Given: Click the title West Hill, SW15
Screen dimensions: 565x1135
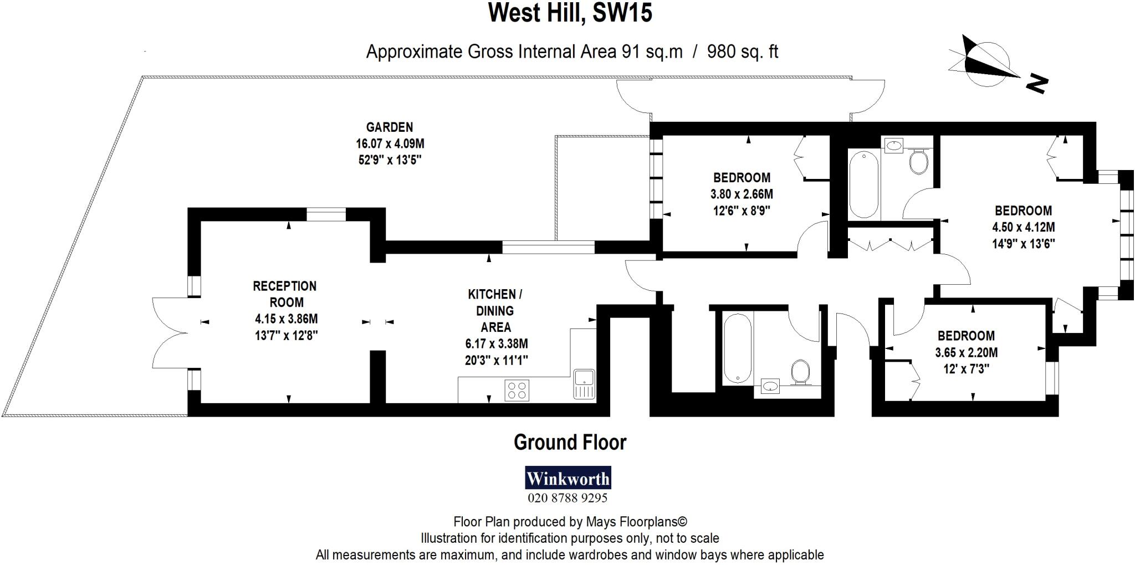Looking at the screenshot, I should click(570, 13).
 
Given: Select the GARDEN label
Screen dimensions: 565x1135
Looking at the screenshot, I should click(389, 127).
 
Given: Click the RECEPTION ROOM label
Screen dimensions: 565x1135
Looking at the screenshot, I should click(285, 294).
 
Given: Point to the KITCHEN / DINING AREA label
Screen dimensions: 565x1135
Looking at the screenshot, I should click(495, 310).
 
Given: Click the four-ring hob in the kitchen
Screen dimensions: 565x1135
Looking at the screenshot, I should click(517, 390).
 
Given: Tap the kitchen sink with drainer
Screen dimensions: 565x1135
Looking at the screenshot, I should click(584, 383).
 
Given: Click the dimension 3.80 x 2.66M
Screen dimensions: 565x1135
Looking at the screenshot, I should click(742, 194).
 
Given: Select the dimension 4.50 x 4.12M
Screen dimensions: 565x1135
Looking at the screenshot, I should click(1023, 227).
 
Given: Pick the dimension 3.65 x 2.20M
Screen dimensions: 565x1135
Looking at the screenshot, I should click(966, 352).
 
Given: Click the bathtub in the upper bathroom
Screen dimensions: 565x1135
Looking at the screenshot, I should click(863, 184).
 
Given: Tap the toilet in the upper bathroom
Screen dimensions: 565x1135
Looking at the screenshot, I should click(918, 161).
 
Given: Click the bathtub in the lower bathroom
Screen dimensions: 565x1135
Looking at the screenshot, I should click(738, 348).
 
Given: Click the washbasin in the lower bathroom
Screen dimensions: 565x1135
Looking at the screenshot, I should click(770, 386).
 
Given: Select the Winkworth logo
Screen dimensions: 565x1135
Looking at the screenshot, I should click(567, 478).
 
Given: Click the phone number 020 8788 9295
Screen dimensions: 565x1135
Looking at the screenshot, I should click(567, 498).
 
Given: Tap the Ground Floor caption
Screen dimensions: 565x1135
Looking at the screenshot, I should click(570, 442).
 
